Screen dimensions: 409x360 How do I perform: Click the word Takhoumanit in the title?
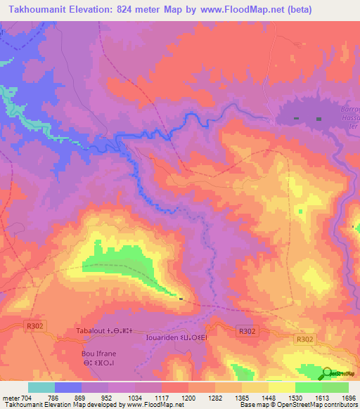(41, 10)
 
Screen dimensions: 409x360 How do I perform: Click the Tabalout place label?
(91, 331)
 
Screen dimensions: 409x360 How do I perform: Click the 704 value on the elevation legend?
(26, 398)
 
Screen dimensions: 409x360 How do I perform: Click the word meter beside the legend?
(10, 398)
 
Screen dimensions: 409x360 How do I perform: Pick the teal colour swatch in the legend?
(41, 387)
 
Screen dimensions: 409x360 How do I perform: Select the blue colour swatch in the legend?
(68, 387)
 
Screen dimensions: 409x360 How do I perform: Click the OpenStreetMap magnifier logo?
(329, 373)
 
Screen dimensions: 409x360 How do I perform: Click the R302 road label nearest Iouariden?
(246, 331)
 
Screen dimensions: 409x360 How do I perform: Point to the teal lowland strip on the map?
(28, 116)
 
